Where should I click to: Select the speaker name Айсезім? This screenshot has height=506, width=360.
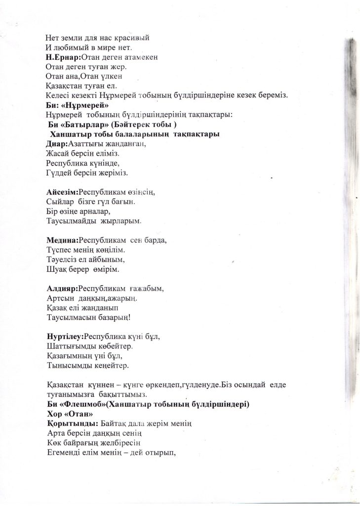[61, 192]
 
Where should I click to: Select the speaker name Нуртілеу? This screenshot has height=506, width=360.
[64, 337]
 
